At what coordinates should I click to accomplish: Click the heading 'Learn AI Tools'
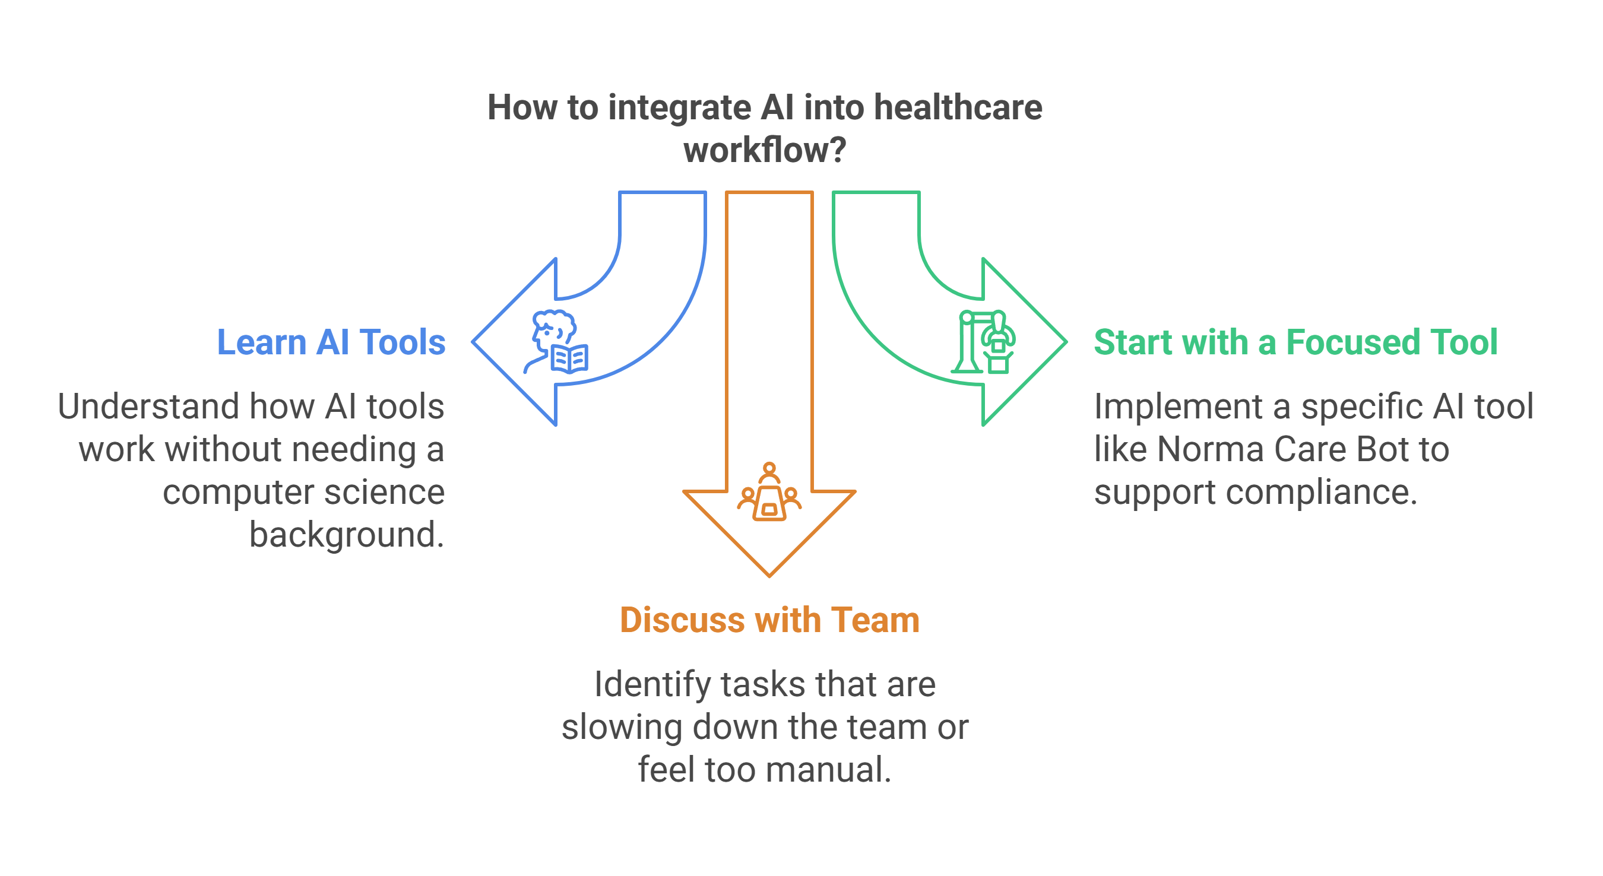(331, 342)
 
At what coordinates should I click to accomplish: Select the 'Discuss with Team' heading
(769, 620)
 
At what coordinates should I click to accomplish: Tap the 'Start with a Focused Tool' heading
(1295, 342)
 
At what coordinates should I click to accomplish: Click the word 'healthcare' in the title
(958, 107)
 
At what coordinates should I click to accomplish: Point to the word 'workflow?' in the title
(765, 151)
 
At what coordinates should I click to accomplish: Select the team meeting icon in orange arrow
(769, 493)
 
